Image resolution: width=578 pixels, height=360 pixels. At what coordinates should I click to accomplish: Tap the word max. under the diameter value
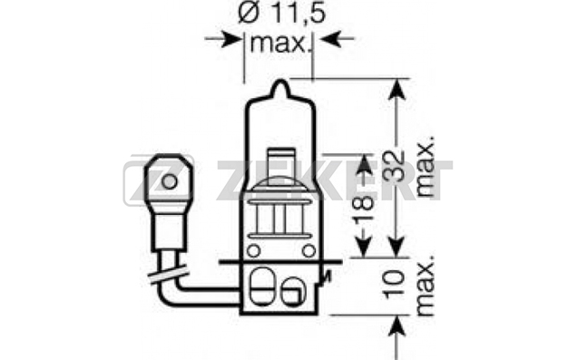pos(279,44)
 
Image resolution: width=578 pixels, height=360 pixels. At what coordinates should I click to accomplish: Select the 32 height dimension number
pos(393,166)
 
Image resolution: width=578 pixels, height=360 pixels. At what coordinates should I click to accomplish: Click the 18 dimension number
pos(363,209)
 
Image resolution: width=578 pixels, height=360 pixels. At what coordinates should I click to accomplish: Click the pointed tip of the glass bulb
pos(280,82)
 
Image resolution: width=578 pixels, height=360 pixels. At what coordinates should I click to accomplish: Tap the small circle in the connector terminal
pos(169,181)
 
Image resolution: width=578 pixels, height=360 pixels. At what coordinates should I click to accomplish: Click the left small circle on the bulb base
pos(253,251)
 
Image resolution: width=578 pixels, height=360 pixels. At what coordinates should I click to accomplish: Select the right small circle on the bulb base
pos(309,251)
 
